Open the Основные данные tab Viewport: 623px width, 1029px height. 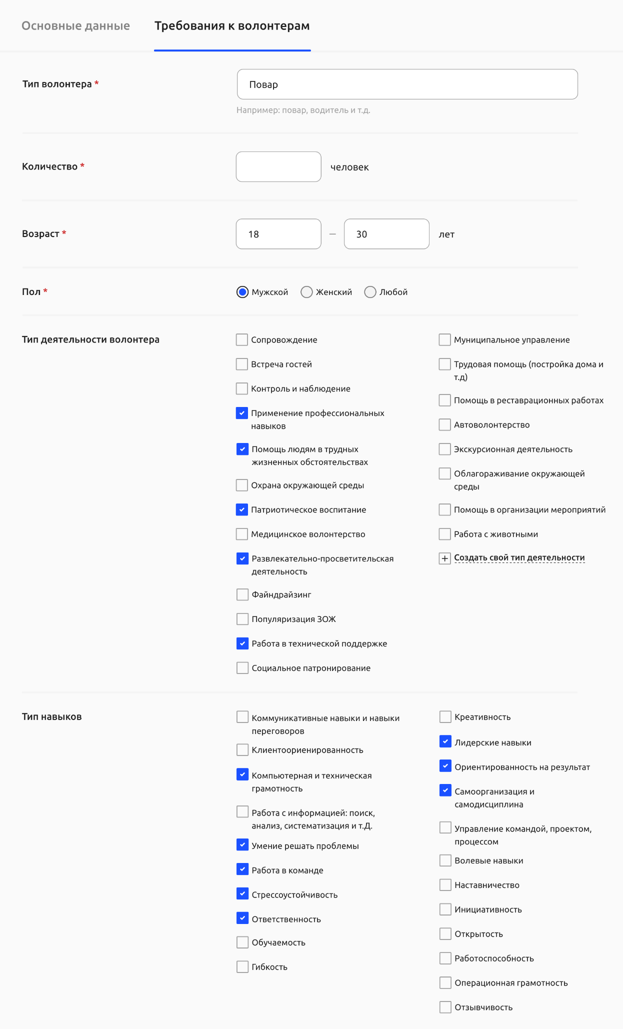[75, 26]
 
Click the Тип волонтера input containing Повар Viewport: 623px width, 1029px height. [407, 84]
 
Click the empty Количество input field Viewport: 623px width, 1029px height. [278, 167]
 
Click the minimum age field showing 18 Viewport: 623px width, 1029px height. [278, 234]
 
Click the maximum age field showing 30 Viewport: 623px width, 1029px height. [386, 234]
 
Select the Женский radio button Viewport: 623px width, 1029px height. [306, 292]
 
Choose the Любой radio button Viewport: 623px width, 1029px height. [370, 292]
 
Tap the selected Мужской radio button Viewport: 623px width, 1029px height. [242, 292]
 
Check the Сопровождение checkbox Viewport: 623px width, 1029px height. [242, 340]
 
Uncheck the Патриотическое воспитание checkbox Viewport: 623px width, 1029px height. [242, 510]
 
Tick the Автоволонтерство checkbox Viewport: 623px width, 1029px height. [444, 425]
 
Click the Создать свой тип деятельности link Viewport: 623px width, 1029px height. [519, 558]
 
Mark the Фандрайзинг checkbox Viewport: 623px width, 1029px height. [242, 594]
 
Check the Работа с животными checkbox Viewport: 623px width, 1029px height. [444, 534]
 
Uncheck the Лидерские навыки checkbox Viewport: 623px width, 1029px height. [445, 741]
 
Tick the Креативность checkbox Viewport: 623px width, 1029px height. [445, 717]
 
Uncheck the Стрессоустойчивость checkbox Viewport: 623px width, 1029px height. [242, 893]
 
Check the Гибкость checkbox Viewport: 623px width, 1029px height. [242, 967]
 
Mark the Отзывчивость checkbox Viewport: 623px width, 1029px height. [445, 1007]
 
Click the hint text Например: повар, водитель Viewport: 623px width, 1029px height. [303, 110]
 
